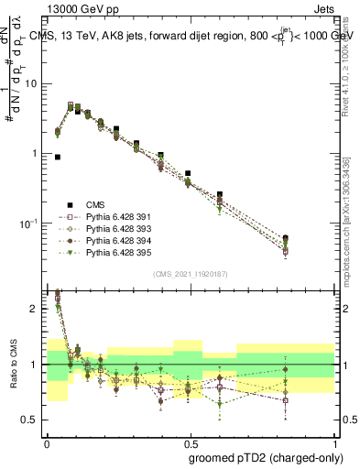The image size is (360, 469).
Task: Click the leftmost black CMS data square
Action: [x=58, y=157]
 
